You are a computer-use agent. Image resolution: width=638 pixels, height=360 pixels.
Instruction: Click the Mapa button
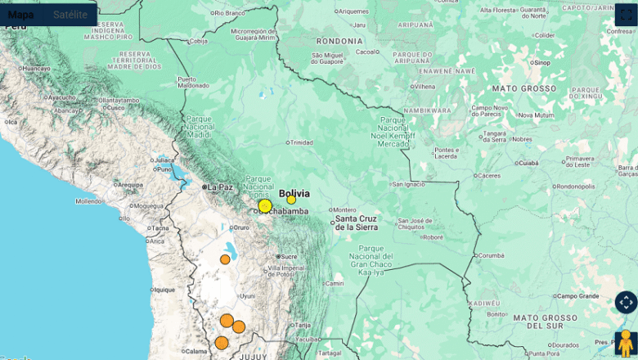(21, 14)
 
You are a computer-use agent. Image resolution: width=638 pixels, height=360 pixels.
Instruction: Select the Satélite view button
(70, 14)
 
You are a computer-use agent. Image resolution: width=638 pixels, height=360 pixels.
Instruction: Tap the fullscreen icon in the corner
(626, 15)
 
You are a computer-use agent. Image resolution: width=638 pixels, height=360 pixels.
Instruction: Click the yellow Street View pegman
(626, 342)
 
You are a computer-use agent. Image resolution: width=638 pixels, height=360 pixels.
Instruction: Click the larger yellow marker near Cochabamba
(265, 206)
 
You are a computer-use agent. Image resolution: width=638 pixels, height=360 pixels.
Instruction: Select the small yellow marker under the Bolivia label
(291, 200)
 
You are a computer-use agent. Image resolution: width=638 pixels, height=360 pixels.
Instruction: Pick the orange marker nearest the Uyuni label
(225, 259)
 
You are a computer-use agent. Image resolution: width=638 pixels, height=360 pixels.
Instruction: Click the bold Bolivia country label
(294, 193)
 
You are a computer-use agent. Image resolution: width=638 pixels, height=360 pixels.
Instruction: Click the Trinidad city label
(301, 142)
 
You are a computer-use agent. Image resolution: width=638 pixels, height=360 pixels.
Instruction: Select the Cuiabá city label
(528, 162)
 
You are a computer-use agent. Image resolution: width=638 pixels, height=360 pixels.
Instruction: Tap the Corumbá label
(491, 255)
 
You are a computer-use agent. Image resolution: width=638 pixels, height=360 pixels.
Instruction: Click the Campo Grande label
(578, 295)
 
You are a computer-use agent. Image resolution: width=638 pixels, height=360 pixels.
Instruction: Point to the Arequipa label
(129, 185)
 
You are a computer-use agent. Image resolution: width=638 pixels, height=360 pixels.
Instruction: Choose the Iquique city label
(164, 289)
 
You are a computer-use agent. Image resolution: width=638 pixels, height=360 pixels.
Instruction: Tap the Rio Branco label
(229, 13)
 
